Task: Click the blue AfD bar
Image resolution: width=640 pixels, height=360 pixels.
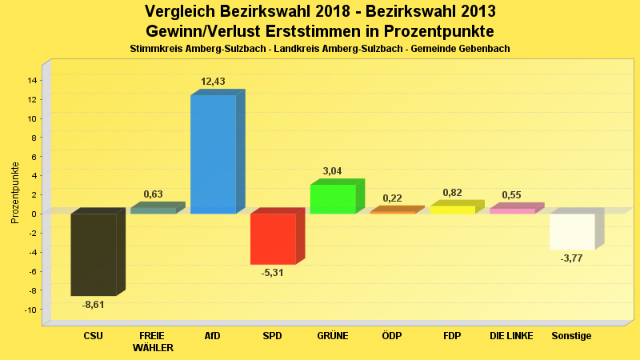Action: (213, 154)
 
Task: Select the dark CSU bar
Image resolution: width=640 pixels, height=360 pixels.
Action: (94, 254)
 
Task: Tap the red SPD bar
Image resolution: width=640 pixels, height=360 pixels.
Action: (273, 238)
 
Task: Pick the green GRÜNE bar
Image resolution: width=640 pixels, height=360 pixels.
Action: (333, 199)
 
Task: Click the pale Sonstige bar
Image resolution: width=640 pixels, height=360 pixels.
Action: (572, 232)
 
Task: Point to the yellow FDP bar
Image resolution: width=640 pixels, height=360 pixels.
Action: (452, 210)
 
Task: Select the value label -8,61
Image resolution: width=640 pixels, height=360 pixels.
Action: (94, 305)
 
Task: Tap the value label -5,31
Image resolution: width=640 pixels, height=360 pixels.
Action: (274, 273)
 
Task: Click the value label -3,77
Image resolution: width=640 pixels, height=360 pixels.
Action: (572, 258)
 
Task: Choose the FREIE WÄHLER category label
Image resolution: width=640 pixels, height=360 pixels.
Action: (152, 342)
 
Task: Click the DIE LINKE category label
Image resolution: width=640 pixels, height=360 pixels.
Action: (511, 336)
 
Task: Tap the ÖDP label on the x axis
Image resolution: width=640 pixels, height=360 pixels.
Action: (392, 336)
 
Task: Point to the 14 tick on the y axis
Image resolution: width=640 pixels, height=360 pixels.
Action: (33, 80)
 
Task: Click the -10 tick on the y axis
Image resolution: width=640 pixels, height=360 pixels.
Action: (31, 310)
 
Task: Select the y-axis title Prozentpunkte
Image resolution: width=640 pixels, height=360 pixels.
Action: (15, 193)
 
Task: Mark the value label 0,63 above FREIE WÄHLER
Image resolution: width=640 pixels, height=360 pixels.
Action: (153, 194)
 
